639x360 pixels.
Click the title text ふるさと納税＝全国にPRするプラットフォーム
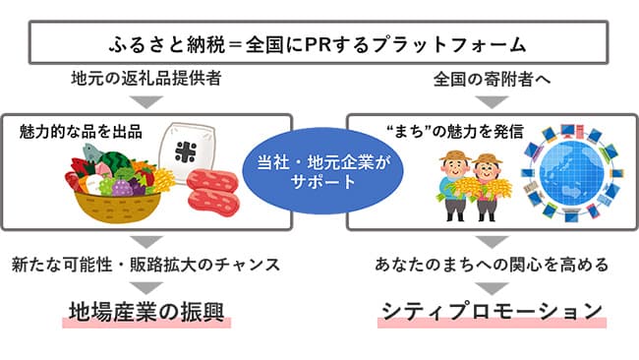tap(319, 44)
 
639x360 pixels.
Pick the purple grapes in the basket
tap(123, 184)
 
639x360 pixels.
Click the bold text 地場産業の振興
tap(146, 311)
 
